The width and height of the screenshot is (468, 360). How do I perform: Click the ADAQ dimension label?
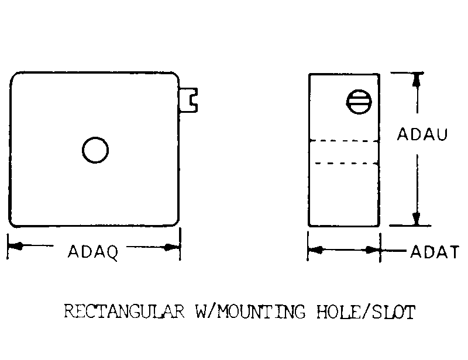pyautogui.click(x=93, y=252)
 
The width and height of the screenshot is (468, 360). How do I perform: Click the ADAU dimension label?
pyautogui.click(x=422, y=134)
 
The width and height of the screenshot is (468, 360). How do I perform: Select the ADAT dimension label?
pyautogui.click(x=435, y=252)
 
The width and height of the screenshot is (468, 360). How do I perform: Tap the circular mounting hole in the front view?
pyautogui.click(x=95, y=150)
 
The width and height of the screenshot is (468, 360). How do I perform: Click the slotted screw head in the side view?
pyautogui.click(x=359, y=102)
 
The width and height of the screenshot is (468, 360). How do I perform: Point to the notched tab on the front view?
pyautogui.click(x=188, y=100)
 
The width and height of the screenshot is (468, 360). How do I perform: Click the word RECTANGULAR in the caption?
pyautogui.click(x=124, y=311)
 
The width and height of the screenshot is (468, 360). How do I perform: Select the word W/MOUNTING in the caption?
pyautogui.click(x=251, y=311)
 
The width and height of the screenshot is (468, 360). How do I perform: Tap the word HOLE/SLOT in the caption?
pyautogui.click(x=366, y=311)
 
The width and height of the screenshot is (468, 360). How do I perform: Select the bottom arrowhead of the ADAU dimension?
pyautogui.click(x=417, y=219)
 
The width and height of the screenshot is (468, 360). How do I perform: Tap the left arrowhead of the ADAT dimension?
pyautogui.click(x=316, y=250)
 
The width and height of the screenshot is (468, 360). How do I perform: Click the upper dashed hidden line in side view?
pyautogui.click(x=344, y=140)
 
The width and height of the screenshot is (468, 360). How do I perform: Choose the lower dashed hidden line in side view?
pyautogui.click(x=346, y=163)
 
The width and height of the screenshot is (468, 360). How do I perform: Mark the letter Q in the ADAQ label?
pyautogui.click(x=112, y=253)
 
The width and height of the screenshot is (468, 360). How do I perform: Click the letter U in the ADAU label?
pyautogui.click(x=442, y=134)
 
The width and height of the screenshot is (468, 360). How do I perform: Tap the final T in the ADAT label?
pyautogui.click(x=454, y=252)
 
